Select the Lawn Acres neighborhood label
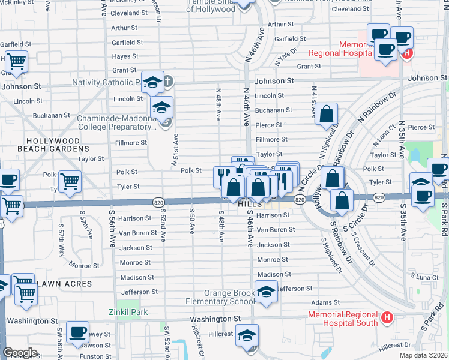(63, 283)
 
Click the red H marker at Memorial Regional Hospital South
(387, 316)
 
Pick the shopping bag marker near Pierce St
(326, 114)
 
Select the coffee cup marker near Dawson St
(77, 333)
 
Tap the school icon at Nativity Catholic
(153, 83)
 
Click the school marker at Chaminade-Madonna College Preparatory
(161, 109)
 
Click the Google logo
(20, 352)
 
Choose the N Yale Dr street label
(286, 58)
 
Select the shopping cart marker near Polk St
(71, 181)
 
